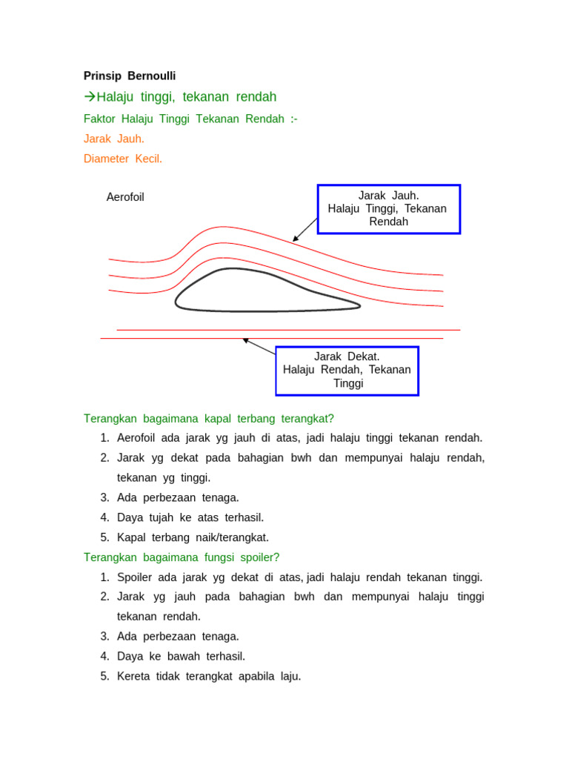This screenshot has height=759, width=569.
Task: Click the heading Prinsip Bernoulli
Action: tap(130, 76)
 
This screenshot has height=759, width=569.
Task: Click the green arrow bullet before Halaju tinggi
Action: tap(90, 97)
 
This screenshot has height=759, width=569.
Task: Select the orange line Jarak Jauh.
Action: tap(114, 139)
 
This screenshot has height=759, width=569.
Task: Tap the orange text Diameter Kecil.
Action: tap(123, 159)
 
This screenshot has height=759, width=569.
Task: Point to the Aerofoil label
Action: tap(125, 197)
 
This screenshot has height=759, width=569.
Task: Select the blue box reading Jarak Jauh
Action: tap(389, 209)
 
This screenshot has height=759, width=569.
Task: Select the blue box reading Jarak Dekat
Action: tap(347, 371)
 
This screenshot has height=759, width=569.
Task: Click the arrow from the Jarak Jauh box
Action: tap(305, 230)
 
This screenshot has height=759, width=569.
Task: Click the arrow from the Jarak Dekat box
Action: tap(259, 346)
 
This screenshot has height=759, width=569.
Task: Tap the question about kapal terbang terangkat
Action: tap(204, 419)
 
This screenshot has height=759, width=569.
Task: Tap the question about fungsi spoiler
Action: tap(182, 557)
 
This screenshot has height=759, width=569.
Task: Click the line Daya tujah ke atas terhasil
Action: tap(190, 517)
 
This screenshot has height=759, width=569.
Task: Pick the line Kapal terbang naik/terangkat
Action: tap(193, 537)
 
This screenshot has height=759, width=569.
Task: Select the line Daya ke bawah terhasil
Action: tap(181, 656)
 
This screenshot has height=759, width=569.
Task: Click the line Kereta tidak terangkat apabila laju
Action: tap(209, 676)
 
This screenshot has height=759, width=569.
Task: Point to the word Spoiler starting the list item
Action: tap(134, 577)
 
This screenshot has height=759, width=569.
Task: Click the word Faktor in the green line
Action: tap(100, 119)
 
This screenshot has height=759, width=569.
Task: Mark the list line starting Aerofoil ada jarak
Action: tap(299, 438)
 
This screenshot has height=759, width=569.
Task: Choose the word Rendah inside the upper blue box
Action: tap(389, 222)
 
